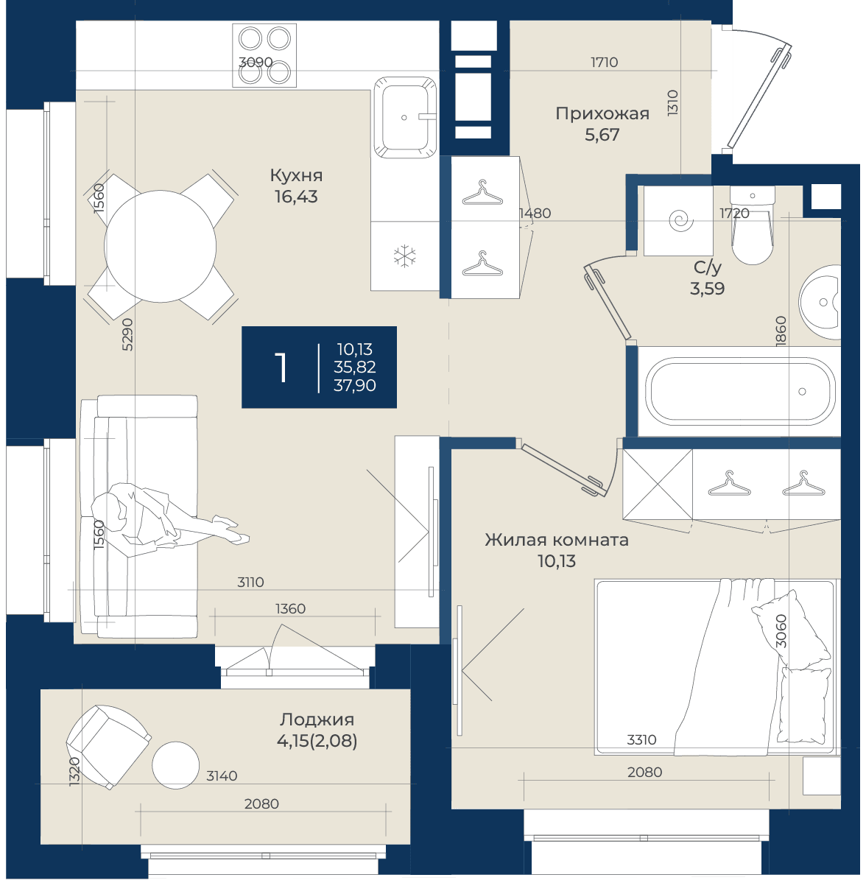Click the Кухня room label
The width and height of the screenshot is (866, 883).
point(296,176)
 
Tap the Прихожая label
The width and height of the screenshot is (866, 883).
point(602,113)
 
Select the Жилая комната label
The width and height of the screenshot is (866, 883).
point(557,540)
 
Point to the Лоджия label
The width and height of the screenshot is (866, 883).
point(317,720)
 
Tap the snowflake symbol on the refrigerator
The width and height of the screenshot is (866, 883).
point(405,256)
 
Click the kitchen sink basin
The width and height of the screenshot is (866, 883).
point(406,118)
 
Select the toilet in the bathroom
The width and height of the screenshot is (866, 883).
point(753,225)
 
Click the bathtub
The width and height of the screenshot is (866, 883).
point(740,392)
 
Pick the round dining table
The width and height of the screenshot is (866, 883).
point(161,247)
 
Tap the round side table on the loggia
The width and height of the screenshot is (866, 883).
point(176,765)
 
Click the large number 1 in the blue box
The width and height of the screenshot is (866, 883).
point(281,367)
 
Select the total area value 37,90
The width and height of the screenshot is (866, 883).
point(355,386)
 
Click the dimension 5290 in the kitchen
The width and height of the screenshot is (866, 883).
point(128,335)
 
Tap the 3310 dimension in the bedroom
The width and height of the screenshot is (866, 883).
point(642,740)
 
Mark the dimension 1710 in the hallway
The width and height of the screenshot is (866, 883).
point(604,62)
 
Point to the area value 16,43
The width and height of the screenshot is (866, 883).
point(296,197)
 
